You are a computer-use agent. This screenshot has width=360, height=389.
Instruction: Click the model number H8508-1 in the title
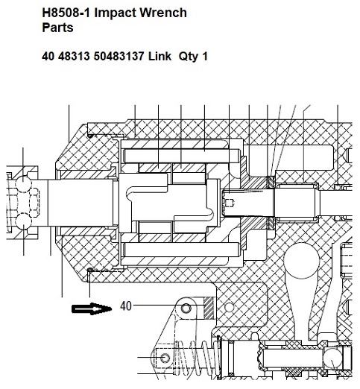tap(66, 13)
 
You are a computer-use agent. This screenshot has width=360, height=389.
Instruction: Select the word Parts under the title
tap(57, 28)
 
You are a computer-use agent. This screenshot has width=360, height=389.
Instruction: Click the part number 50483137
tap(119, 56)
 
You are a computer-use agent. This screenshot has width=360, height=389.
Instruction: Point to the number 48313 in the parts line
tap(74, 56)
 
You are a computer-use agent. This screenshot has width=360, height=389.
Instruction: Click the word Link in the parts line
tap(160, 56)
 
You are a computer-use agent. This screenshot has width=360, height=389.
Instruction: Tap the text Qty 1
tap(193, 57)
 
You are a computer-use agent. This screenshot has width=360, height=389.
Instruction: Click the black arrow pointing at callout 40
tap(92, 309)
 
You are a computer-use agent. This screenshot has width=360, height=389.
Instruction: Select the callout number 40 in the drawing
tap(126, 306)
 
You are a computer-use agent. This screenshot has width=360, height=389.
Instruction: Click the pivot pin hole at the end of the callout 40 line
tap(186, 309)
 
